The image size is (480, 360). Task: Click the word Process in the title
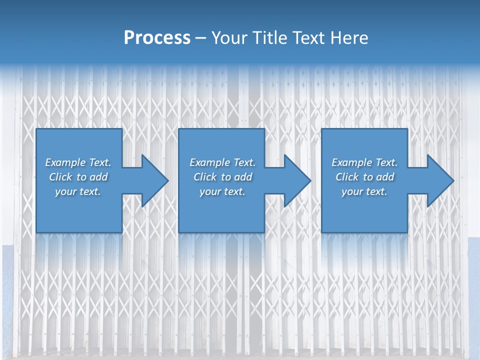tap(157, 37)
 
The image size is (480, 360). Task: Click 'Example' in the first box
tap(65, 162)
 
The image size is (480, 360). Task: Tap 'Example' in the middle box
tap(209, 162)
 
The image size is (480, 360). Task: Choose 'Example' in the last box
tap(351, 162)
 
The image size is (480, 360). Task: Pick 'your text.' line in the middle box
tap(222, 191)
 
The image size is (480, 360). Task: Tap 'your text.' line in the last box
tap(364, 191)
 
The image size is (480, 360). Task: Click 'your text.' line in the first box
tap(78, 191)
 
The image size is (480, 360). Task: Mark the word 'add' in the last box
tap(384, 177)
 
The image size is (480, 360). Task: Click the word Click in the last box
tap(347, 177)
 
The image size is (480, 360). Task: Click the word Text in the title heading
tap(307, 37)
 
